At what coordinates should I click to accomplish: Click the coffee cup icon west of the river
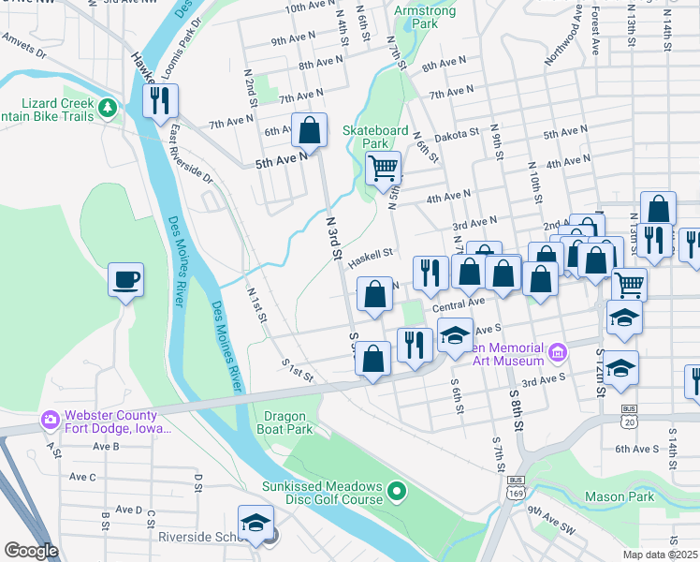click(125, 279)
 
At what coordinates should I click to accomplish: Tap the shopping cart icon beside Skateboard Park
click(383, 169)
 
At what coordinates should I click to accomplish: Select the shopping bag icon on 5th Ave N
click(309, 130)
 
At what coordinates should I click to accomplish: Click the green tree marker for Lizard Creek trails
click(109, 108)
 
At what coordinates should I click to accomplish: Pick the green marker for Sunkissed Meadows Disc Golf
click(398, 490)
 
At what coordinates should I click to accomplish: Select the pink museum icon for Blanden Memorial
click(558, 352)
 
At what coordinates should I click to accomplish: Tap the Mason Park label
click(620, 496)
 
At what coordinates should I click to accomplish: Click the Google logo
click(31, 551)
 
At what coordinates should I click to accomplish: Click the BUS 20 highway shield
click(629, 415)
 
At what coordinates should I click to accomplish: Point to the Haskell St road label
click(370, 258)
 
